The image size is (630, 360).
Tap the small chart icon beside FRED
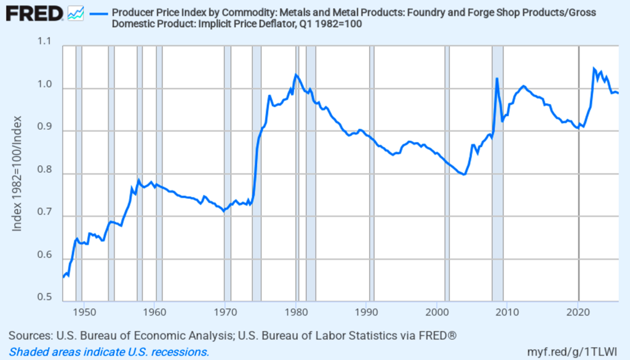76,13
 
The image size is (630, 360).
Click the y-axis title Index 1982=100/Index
18,174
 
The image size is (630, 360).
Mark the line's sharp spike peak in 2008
496,79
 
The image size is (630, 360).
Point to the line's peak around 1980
296,75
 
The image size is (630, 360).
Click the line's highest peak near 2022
594,68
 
